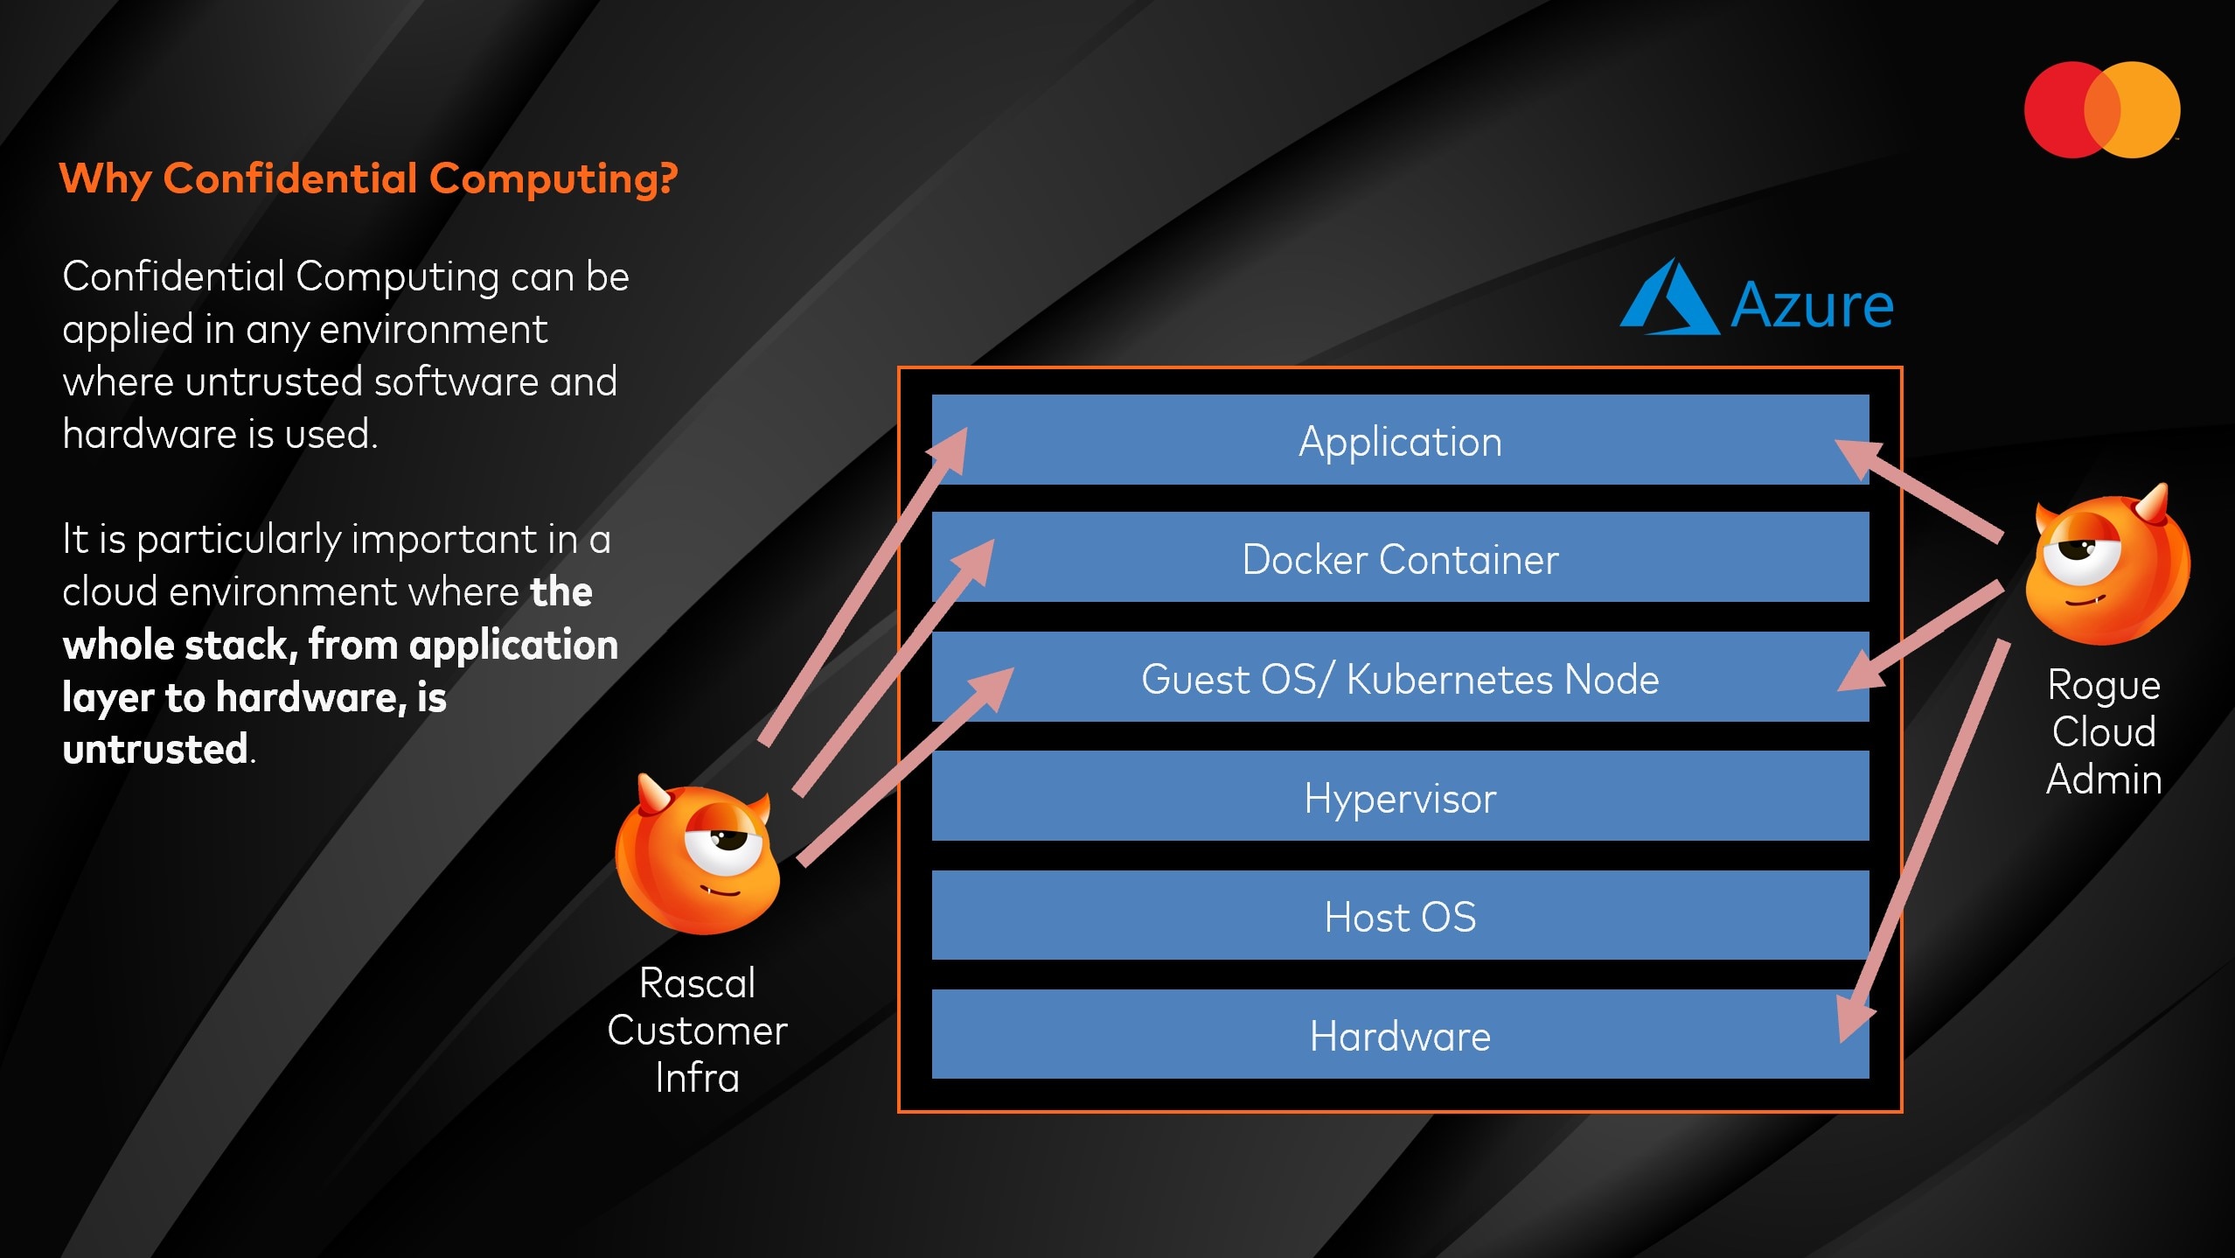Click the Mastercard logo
coord(2101,110)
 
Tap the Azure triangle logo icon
coord(1668,300)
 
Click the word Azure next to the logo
coord(1812,305)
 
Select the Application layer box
coord(1399,441)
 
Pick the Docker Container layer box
coord(1399,559)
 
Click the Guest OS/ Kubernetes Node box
coord(1399,679)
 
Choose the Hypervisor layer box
coord(1399,798)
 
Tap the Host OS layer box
coord(1399,917)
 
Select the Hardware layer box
coord(1399,1036)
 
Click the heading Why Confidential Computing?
coord(368,178)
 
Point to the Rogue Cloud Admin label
coord(2103,731)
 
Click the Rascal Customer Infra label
coord(697,1030)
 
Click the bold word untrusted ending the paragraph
coord(156,750)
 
